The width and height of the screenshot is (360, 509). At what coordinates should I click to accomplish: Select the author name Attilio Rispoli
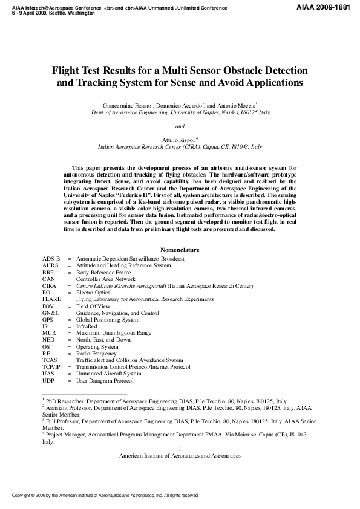pos(178,139)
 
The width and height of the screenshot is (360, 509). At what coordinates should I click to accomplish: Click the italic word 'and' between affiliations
pos(180,126)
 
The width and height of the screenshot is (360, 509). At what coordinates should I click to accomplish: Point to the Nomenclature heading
pos(180,250)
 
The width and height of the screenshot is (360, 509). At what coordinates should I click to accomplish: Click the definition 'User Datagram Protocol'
pos(104,381)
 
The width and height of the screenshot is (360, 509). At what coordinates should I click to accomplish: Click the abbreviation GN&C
pos(51,313)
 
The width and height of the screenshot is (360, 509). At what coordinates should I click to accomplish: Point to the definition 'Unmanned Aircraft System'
pos(108,374)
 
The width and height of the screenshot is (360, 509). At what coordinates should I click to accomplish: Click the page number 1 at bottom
pos(180,448)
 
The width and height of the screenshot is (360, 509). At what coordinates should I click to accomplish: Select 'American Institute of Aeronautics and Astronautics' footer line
pos(180,455)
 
